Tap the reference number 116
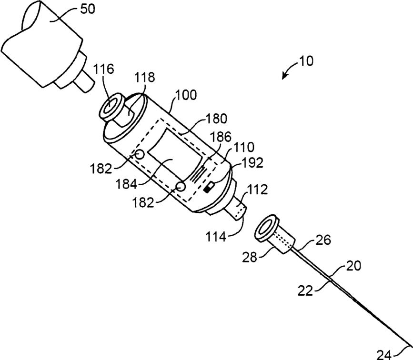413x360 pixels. pyautogui.click(x=104, y=70)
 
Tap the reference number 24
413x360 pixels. pyautogui.click(x=385, y=354)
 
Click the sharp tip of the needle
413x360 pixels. pyautogui.click(x=409, y=347)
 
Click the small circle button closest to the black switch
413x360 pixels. pyautogui.click(x=180, y=185)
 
